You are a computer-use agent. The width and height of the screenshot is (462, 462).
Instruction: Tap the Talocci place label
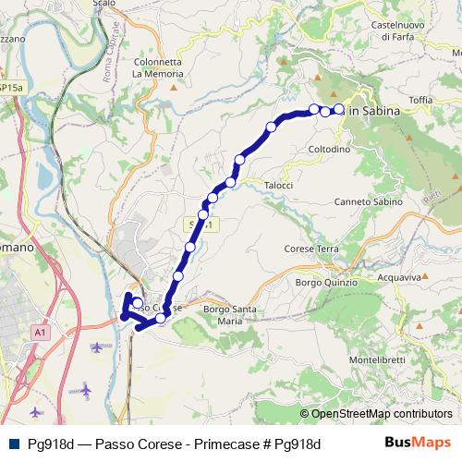[x=278, y=185]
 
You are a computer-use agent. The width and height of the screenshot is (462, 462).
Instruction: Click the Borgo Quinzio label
[x=320, y=282]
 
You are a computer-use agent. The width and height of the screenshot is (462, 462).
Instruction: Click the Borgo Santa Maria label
[x=228, y=314]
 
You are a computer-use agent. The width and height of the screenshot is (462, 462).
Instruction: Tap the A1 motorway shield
[x=39, y=331]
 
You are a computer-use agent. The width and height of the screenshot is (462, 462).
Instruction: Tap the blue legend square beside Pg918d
[x=13, y=444]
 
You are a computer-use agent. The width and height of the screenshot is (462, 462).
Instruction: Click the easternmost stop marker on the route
[x=338, y=110]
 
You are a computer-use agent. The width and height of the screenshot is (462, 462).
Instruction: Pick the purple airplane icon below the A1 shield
[x=98, y=347]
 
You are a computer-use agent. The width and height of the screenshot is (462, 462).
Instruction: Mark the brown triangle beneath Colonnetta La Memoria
[x=173, y=88]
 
